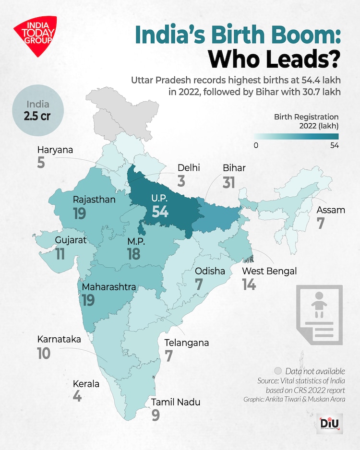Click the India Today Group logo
35,36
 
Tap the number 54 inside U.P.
160,211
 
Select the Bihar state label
234,168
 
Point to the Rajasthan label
94,200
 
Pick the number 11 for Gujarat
60,254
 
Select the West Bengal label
269,271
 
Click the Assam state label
331,210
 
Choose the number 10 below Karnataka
44,354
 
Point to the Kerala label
86,384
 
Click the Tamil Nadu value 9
155,415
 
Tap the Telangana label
187,343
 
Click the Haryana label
55,150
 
